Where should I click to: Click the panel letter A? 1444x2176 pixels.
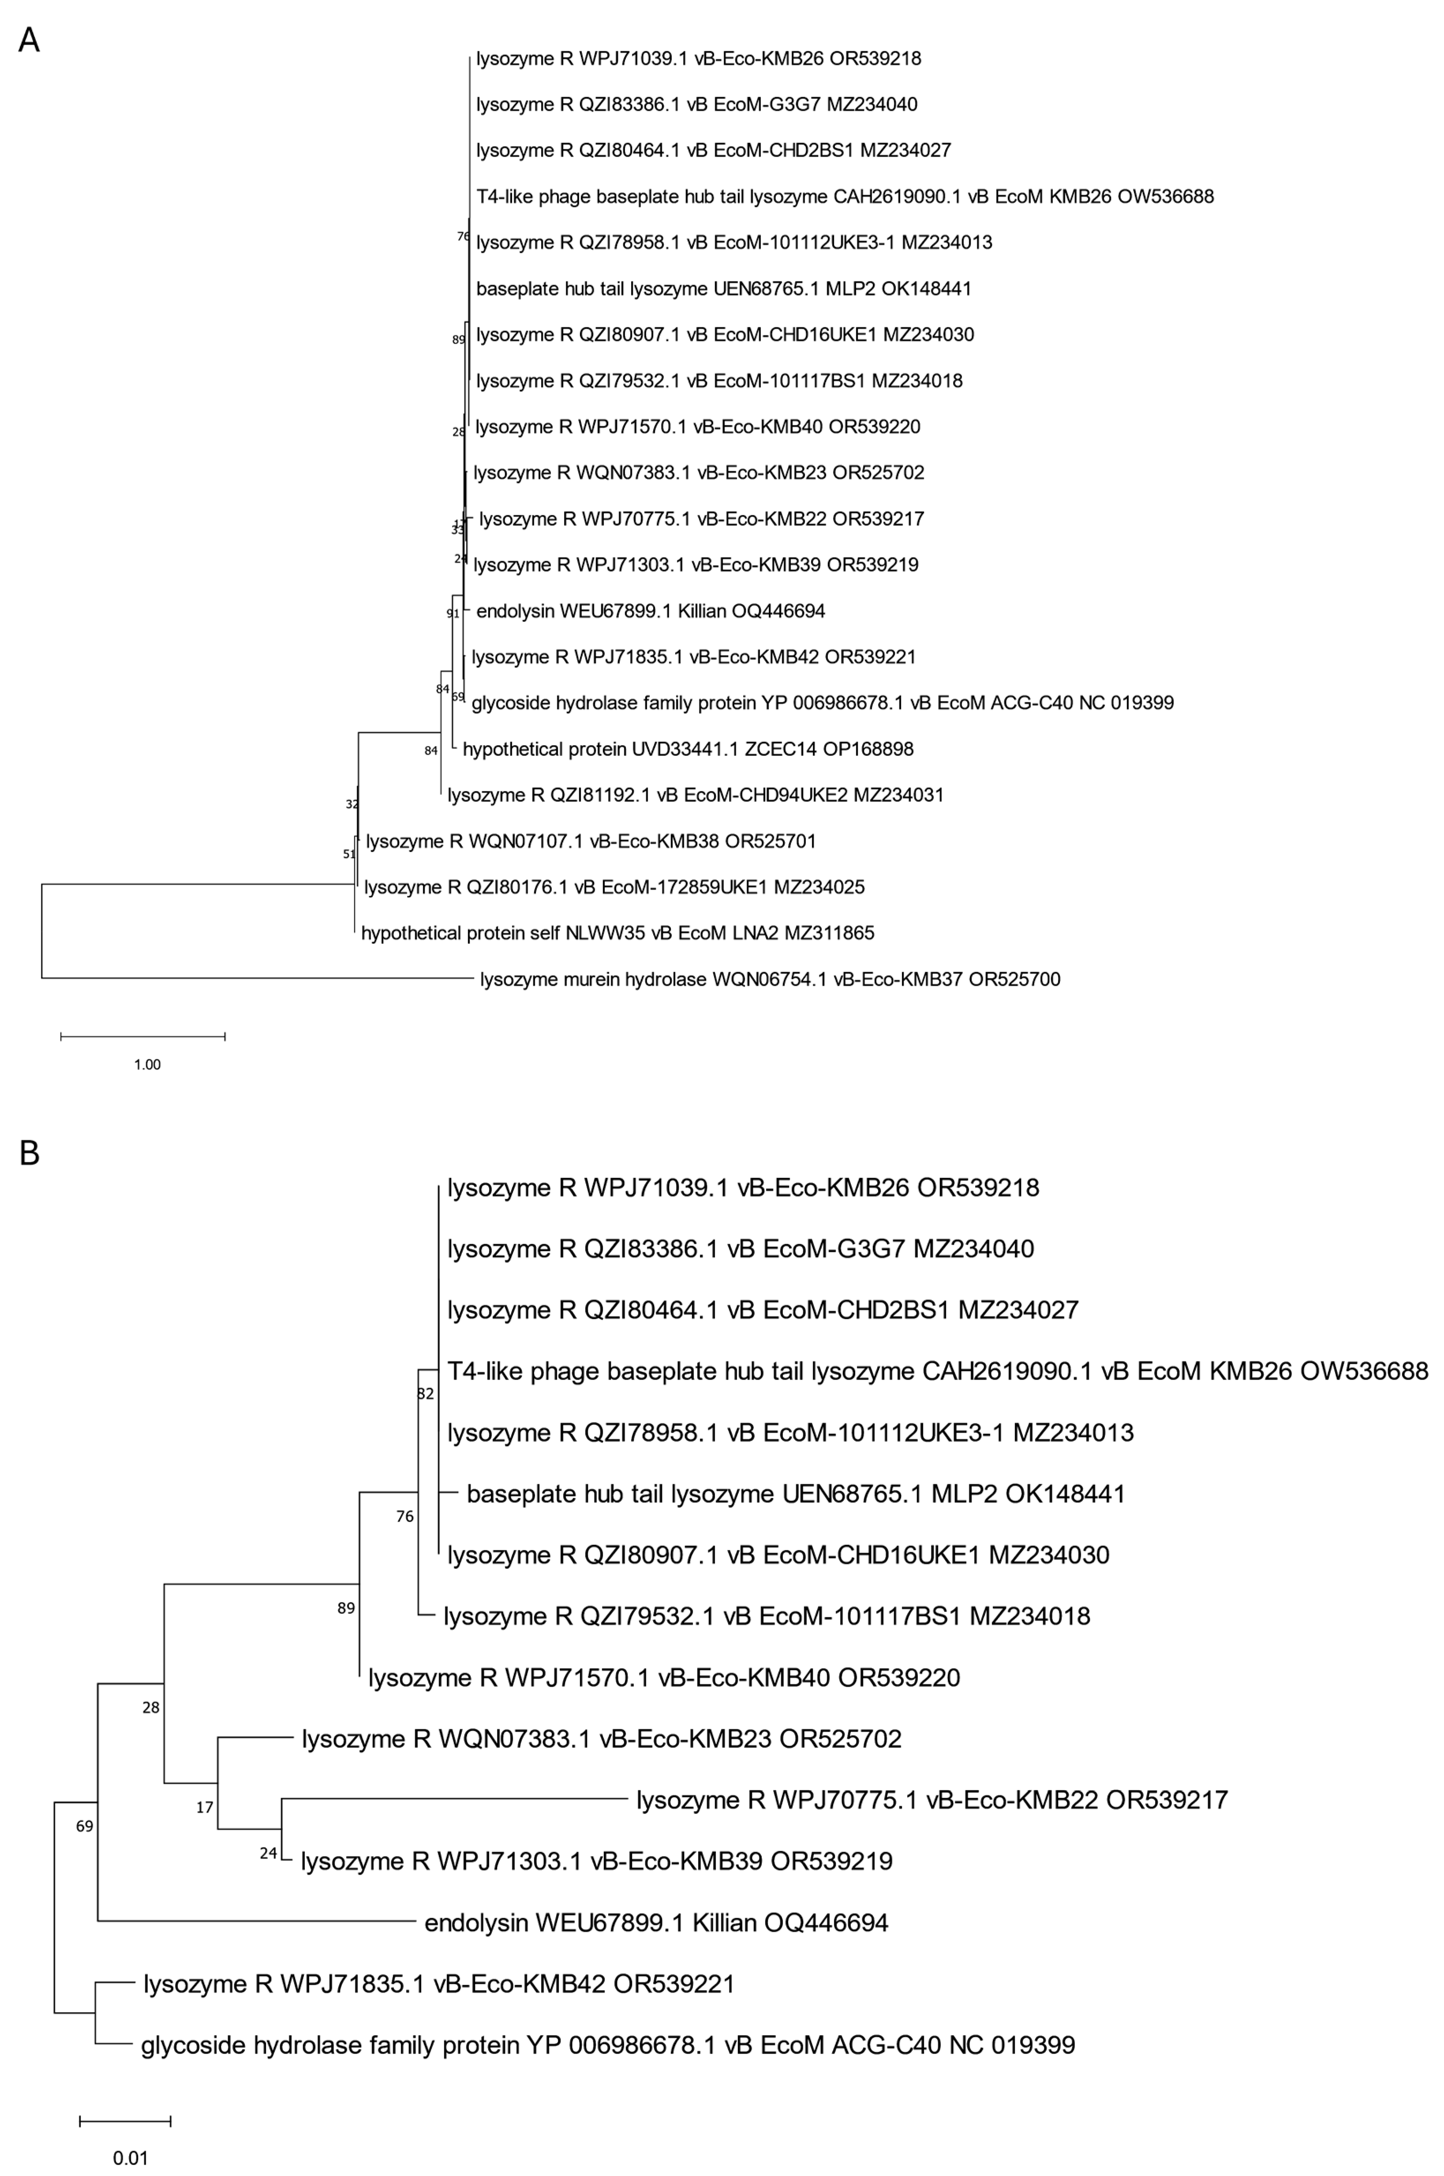click(29, 41)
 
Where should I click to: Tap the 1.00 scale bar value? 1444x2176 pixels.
click(147, 1065)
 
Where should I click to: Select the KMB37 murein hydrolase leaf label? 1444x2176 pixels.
click(770, 979)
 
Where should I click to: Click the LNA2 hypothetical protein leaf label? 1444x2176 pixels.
click(617, 933)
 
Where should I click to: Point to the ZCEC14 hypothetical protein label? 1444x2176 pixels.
click(688, 749)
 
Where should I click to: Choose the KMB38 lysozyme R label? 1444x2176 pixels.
click(590, 841)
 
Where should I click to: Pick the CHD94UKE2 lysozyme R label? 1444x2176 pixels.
click(695, 795)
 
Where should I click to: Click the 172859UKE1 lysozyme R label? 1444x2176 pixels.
click(614, 887)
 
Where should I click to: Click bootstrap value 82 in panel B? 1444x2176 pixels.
click(426, 1394)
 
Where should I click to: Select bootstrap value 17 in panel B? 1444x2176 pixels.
click(205, 1808)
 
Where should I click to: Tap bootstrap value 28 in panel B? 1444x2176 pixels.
click(151, 1708)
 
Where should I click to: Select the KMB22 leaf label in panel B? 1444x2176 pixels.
click(932, 1800)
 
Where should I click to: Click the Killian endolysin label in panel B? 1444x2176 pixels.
click(656, 1923)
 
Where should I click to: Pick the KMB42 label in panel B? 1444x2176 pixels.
click(439, 1984)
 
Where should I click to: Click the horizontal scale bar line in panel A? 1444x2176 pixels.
click(143, 1037)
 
